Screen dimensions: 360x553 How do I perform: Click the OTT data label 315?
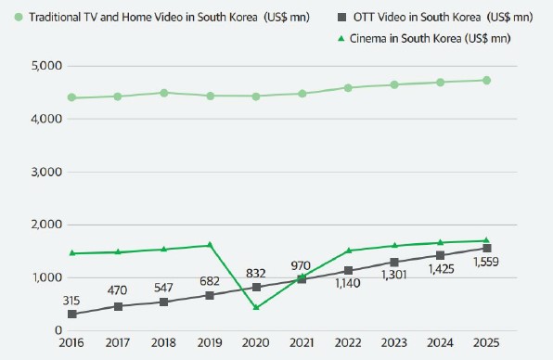71,300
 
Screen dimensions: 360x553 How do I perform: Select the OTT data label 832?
256,273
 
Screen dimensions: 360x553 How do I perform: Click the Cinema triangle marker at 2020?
256,307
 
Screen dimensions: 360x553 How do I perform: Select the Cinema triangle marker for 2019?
210,245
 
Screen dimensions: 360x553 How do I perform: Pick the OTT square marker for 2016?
72,315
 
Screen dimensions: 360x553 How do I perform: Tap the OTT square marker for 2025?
487,248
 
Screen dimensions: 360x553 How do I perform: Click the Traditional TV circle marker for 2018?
164,93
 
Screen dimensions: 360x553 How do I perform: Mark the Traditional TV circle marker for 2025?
487,80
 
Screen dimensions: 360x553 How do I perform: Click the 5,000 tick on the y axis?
45,66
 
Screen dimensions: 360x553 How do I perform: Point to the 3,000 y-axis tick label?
45,173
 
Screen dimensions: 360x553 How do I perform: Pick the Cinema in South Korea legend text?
436,38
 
